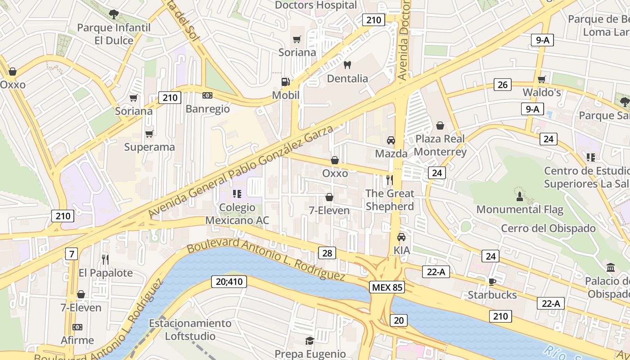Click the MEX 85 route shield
click(387, 287)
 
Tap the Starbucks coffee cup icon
click(492, 282)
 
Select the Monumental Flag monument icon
click(519, 196)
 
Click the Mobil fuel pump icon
click(285, 82)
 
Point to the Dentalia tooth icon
click(347, 65)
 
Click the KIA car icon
click(401, 237)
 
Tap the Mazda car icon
click(391, 140)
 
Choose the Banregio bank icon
click(207, 95)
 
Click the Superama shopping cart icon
click(149, 134)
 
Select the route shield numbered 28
click(327, 253)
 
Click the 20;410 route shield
click(229, 282)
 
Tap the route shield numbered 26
click(503, 84)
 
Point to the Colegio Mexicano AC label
click(237, 214)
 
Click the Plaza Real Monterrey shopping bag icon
click(440, 125)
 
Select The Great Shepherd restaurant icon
click(389, 180)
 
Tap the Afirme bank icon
click(77, 327)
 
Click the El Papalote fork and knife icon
click(105, 259)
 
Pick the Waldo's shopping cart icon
click(542, 79)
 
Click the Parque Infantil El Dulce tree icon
click(114, 14)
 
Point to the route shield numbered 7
click(71, 253)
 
